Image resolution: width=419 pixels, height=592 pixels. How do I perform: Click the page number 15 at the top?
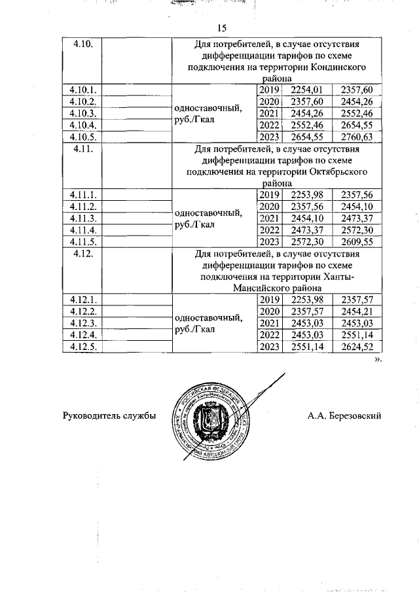coord(221,27)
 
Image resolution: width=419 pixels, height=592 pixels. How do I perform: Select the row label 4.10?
coord(84,44)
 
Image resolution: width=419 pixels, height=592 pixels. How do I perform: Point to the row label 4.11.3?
coord(82,218)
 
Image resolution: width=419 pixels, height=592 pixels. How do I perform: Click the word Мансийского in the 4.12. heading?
coord(254,288)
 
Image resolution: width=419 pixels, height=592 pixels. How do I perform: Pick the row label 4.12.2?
coord(82,311)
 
